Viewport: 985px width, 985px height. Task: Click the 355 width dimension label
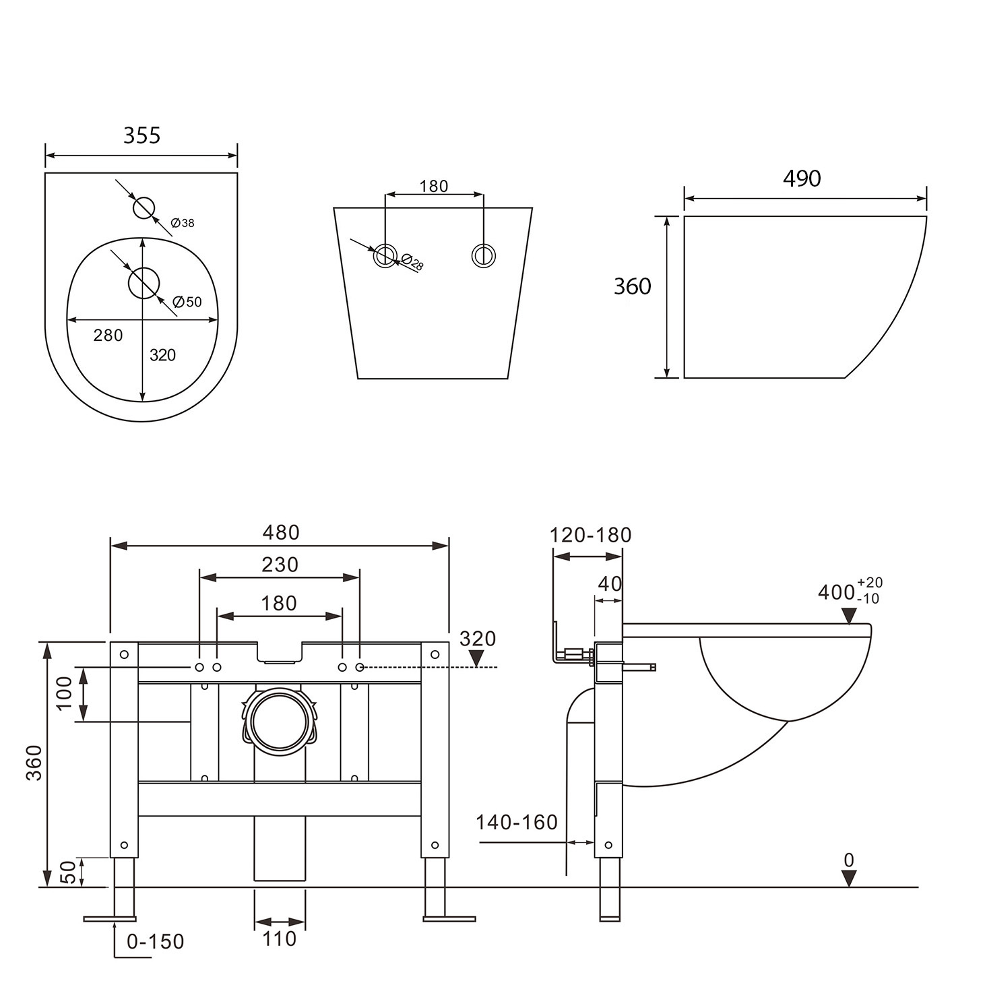click(141, 135)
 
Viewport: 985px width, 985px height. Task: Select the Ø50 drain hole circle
click(144, 283)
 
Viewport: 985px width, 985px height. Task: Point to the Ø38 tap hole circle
click(144, 208)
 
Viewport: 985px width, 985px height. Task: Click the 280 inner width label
click(108, 335)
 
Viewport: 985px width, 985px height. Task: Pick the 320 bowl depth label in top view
click(162, 355)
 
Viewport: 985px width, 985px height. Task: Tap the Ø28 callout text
click(412, 262)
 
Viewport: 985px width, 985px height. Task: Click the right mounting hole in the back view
click(483, 255)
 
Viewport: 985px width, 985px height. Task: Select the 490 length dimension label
click(802, 179)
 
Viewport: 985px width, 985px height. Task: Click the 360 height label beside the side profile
click(632, 286)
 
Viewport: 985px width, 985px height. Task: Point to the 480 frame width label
click(280, 532)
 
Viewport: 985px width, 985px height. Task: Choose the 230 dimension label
click(280, 564)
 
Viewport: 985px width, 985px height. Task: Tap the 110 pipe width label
click(279, 939)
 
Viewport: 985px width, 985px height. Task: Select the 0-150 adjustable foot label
click(155, 941)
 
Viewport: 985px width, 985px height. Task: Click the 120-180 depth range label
click(590, 535)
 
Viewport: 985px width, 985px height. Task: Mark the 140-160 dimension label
click(516, 822)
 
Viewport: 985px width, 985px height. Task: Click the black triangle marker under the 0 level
click(849, 878)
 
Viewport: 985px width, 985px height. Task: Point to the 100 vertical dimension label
click(64, 693)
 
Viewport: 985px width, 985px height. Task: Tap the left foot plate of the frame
click(110, 918)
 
